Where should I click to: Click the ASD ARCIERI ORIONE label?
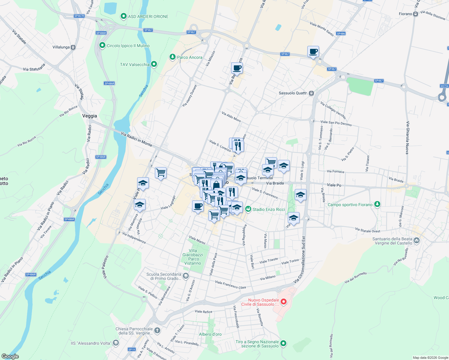pyautogui.click(x=148, y=16)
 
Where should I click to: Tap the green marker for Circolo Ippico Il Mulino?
pyautogui.click(x=102, y=46)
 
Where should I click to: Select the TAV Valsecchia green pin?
pyautogui.click(x=154, y=64)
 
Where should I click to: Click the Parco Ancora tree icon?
pyautogui.click(x=172, y=57)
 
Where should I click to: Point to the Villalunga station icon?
pyautogui.click(x=73, y=47)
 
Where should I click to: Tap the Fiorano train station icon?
pyautogui.click(x=415, y=14)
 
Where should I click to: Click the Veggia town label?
pyautogui.click(x=89, y=116)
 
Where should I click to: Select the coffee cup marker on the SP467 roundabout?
pyautogui.click(x=313, y=52)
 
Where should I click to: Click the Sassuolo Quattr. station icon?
pyautogui.click(x=312, y=93)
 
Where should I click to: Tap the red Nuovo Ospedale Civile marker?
pyautogui.click(x=283, y=301)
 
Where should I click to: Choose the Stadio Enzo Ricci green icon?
pyautogui.click(x=248, y=209)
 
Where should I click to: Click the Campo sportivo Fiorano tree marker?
pyautogui.click(x=377, y=204)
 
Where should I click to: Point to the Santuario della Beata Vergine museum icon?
pyautogui.click(x=417, y=240)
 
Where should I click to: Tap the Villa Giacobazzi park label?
pyautogui.click(x=193, y=257)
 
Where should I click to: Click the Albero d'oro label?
pyautogui.click(x=210, y=334)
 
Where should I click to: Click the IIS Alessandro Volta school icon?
pyautogui.click(x=116, y=343)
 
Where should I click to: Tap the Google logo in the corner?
pyautogui.click(x=10, y=356)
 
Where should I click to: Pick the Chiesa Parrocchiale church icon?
pyautogui.click(x=157, y=330)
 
